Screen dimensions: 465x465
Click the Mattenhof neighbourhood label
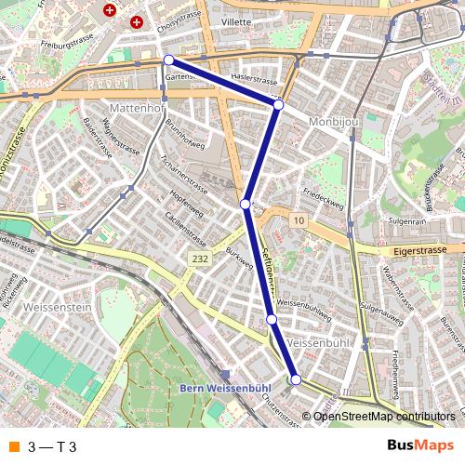pyautogui.click(x=136, y=108)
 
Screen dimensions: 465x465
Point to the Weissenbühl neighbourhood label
pyautogui.click(x=319, y=344)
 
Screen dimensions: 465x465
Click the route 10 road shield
pyautogui.click(x=297, y=219)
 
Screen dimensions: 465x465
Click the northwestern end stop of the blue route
pyautogui.click(x=169, y=60)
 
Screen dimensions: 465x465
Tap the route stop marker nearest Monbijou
pyautogui.click(x=278, y=105)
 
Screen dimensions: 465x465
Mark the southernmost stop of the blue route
pyautogui.click(x=296, y=379)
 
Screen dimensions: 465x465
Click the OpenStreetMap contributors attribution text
pyautogui.click(x=384, y=417)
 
